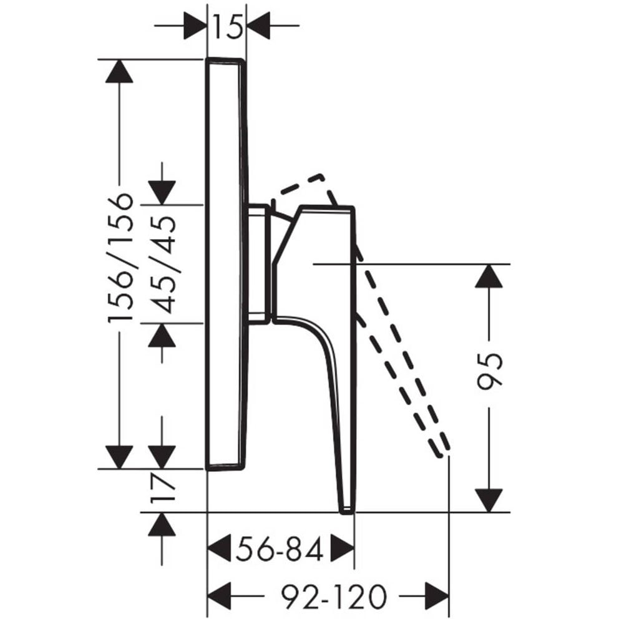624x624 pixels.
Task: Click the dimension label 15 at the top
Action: [x=228, y=26]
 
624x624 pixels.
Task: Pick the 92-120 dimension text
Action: [x=334, y=596]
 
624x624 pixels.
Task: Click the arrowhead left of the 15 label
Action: [x=195, y=26]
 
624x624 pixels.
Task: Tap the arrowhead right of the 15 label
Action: [x=258, y=26]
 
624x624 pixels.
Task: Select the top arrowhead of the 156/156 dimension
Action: [x=119, y=72]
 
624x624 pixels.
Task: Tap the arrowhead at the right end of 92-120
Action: [x=437, y=596]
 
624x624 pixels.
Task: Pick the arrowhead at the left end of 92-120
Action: [x=220, y=596]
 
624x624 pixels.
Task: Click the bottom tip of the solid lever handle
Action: [x=346, y=512]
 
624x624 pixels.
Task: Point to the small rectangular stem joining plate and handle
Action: [x=259, y=264]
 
